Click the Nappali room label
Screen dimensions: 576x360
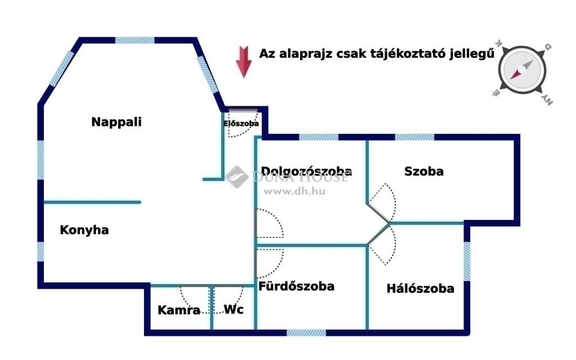(116, 122)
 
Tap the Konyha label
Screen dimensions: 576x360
(84, 230)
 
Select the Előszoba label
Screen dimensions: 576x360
(241, 123)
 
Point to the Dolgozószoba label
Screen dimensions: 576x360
(307, 171)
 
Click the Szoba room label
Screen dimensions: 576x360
(424, 171)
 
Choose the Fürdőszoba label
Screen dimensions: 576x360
(296, 286)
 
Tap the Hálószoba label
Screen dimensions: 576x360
(420, 289)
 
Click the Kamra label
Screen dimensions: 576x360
(179, 310)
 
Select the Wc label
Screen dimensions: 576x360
(233, 309)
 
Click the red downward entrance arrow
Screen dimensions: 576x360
(244, 62)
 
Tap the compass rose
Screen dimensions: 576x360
(522, 70)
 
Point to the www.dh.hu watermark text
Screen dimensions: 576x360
(295, 191)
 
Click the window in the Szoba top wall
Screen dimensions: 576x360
(415, 137)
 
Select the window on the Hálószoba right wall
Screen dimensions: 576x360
(467, 261)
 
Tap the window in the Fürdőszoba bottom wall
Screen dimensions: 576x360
(306, 333)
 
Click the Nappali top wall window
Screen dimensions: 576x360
(135, 40)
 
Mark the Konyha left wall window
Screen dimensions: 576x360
(40, 251)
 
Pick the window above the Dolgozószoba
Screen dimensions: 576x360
(318, 137)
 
